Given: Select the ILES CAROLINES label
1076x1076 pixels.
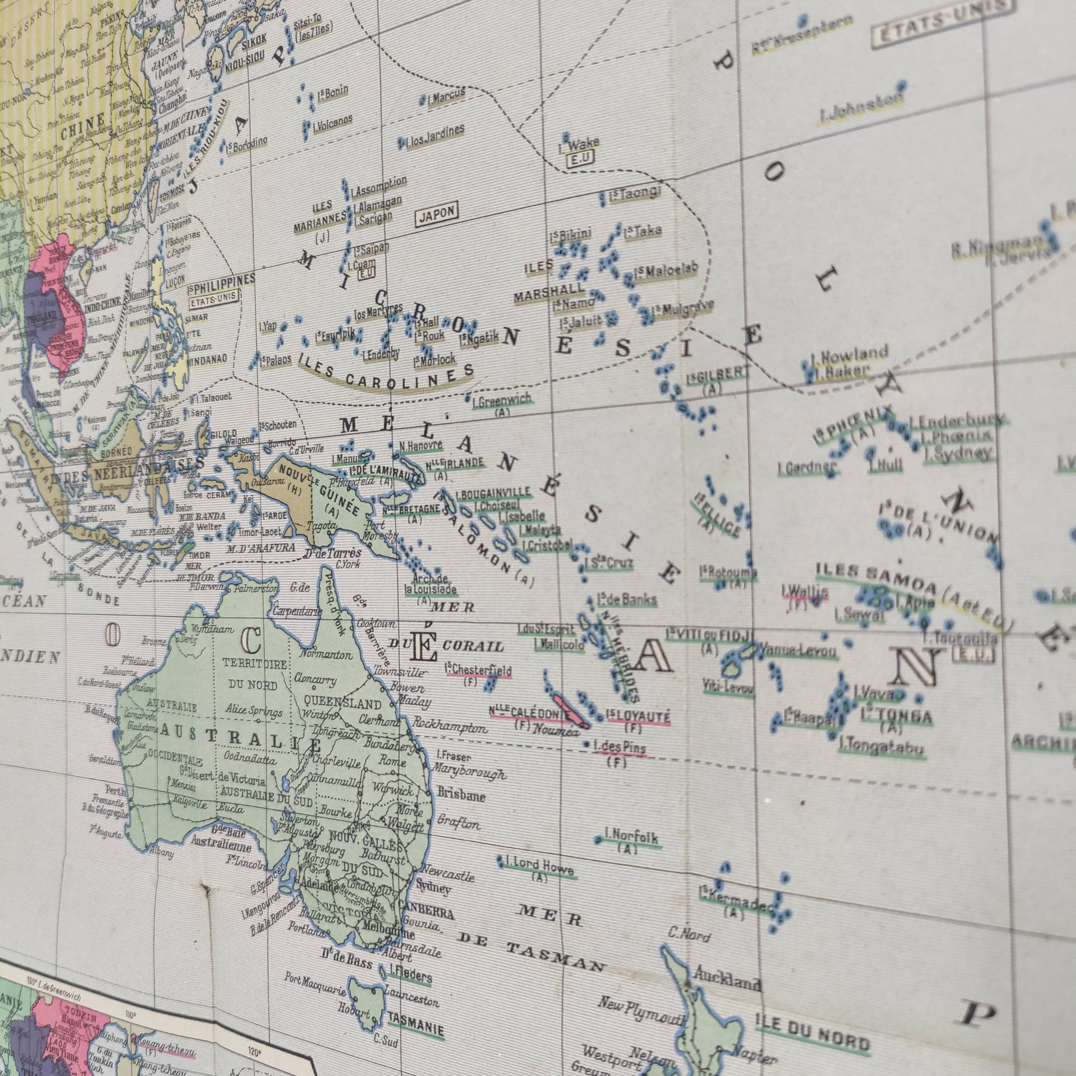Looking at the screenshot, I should click(386, 374).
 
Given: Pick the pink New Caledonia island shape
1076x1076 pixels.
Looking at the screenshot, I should click(571, 711).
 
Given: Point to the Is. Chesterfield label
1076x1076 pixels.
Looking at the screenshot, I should click(478, 670).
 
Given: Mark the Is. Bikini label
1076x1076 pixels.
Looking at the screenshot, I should click(570, 235).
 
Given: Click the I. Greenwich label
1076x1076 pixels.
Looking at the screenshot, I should click(501, 400).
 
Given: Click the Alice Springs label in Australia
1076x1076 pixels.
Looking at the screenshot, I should click(254, 711).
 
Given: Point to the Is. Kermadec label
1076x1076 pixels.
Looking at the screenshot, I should click(736, 903).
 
